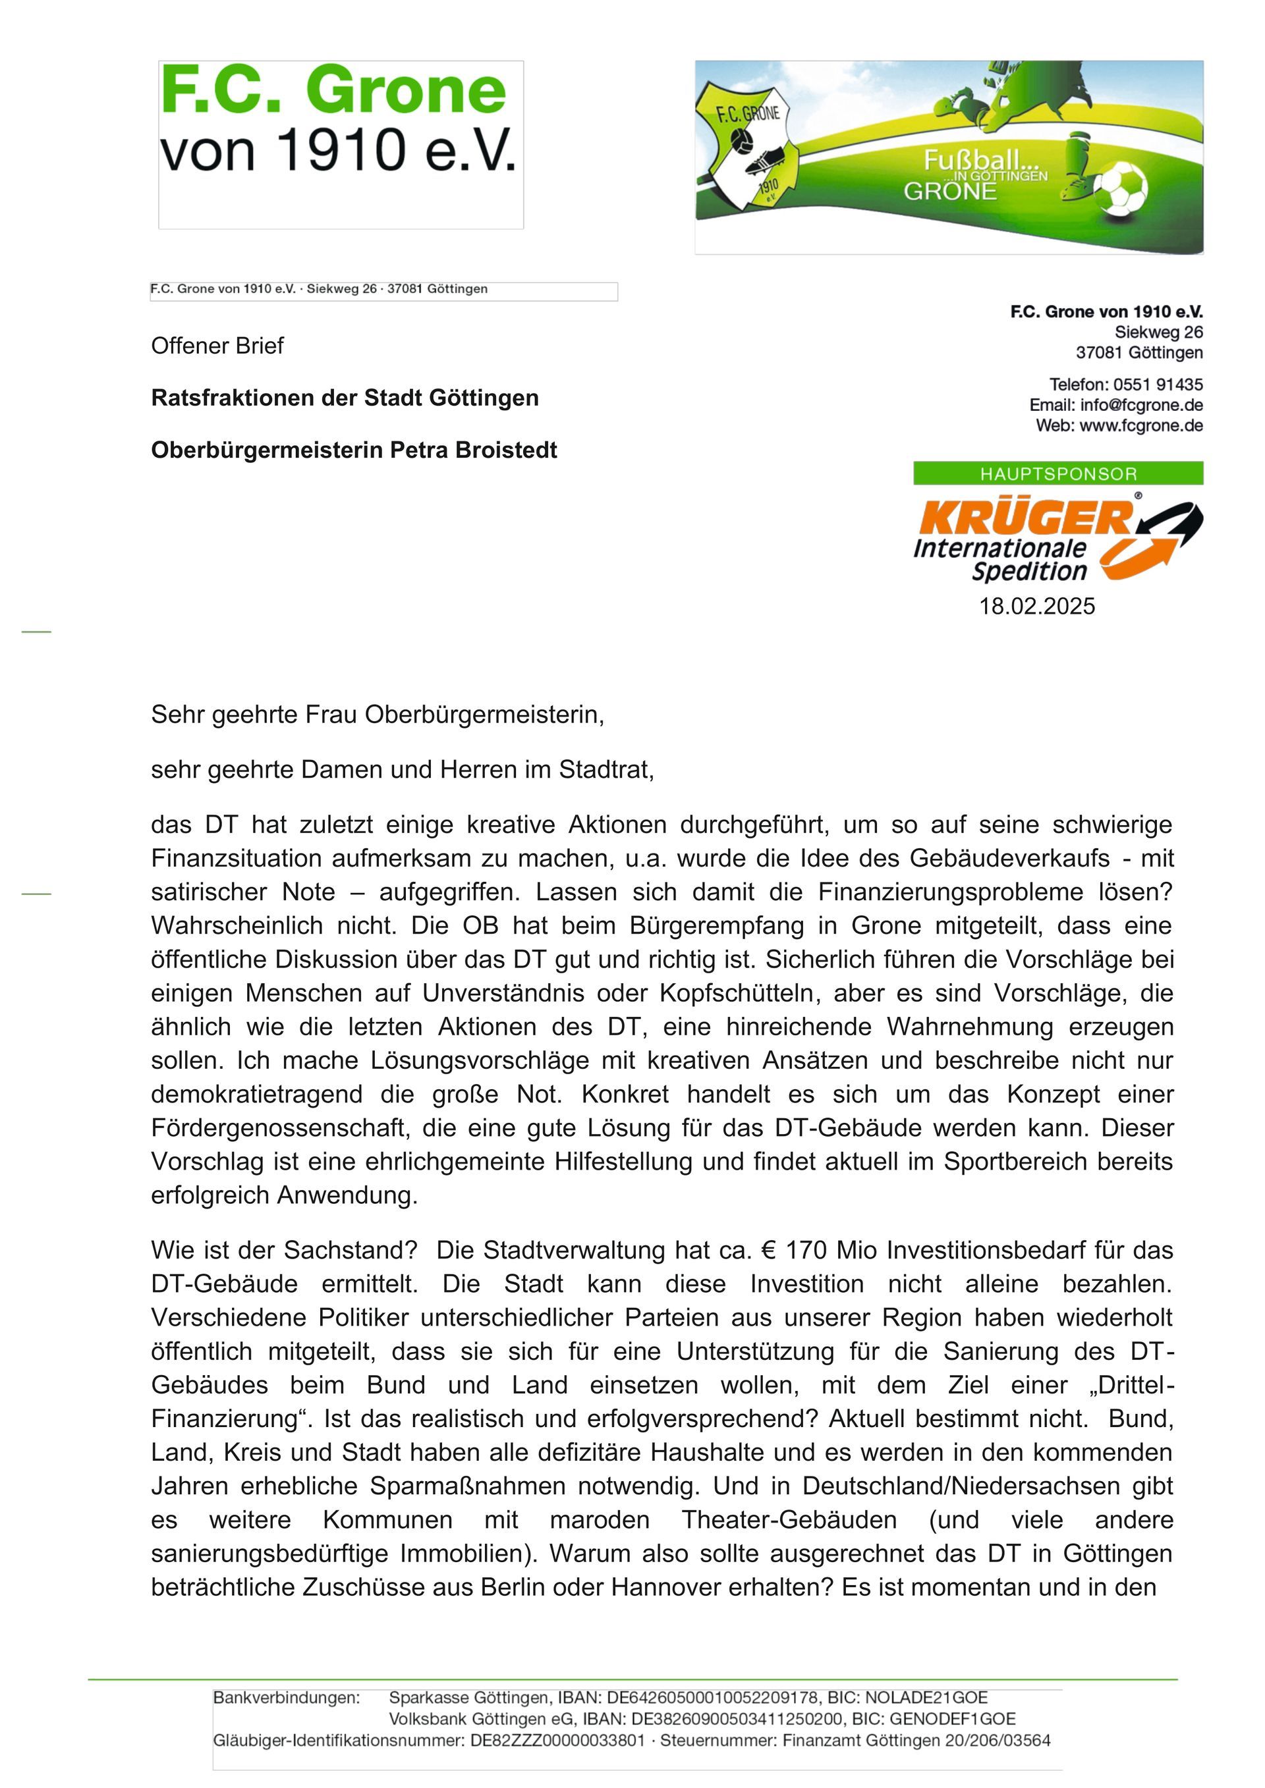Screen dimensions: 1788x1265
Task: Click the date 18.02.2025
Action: coord(1037,606)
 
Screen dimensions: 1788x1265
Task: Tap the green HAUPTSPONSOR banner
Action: coord(1058,474)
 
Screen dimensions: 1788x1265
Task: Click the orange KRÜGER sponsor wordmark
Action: coord(1026,517)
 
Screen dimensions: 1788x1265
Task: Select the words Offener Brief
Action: coord(217,346)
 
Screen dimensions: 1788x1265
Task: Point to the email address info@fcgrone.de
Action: coord(1141,405)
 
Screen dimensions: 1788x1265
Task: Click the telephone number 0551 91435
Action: coord(1158,385)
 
